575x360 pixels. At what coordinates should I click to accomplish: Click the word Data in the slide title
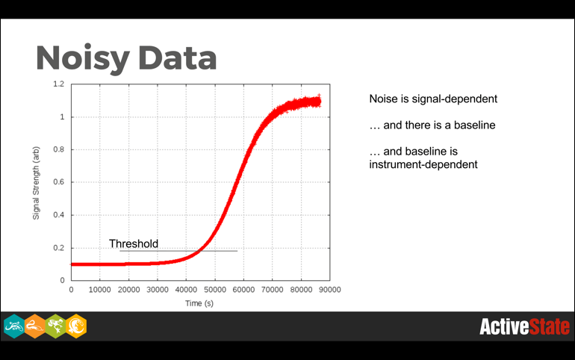[175, 58]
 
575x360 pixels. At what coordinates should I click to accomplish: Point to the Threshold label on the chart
[134, 243]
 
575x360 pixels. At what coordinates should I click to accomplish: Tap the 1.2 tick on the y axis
[58, 84]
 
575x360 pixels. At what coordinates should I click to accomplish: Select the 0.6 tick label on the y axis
[58, 182]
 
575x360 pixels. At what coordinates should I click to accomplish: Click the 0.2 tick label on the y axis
[58, 248]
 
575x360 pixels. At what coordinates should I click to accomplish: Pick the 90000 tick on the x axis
[329, 290]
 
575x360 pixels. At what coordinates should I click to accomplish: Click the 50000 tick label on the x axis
[214, 290]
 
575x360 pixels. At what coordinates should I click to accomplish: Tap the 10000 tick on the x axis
[100, 290]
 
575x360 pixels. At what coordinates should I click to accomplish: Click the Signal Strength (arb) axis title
[36, 181]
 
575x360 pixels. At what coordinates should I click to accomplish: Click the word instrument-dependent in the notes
[423, 164]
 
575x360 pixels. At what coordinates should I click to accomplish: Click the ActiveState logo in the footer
[524, 326]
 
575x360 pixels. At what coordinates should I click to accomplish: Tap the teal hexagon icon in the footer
[13, 326]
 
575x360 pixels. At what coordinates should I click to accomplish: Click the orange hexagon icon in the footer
[34, 326]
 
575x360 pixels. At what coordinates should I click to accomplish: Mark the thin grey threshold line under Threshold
[179, 251]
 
